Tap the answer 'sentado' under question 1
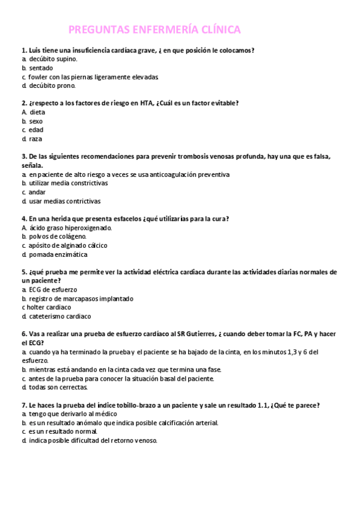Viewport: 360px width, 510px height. pyautogui.click(x=41, y=68)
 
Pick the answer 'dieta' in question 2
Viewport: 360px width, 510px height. pyautogui.click(x=37, y=112)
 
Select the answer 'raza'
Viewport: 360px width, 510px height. pyautogui.click(x=35, y=139)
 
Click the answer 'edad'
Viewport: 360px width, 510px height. pyautogui.click(x=36, y=130)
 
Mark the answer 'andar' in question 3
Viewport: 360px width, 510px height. pyautogui.click(x=37, y=192)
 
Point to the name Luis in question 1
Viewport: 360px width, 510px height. pyautogui.click(x=35, y=51)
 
